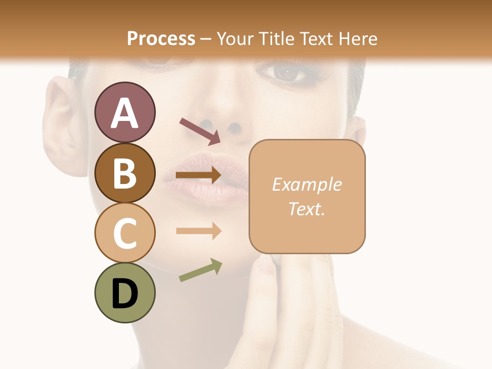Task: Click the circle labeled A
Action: (125, 112)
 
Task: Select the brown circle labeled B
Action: (125, 173)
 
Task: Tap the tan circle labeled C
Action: (125, 233)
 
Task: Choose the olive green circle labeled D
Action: (125, 293)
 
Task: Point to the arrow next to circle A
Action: (200, 131)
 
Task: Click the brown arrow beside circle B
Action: (198, 175)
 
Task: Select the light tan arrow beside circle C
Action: (198, 231)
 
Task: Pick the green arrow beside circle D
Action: (200, 270)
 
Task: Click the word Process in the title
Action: (161, 38)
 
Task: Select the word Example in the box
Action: (306, 184)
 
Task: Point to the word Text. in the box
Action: (306, 209)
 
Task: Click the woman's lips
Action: (213, 177)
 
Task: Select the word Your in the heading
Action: (234, 38)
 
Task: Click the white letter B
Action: (125, 173)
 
